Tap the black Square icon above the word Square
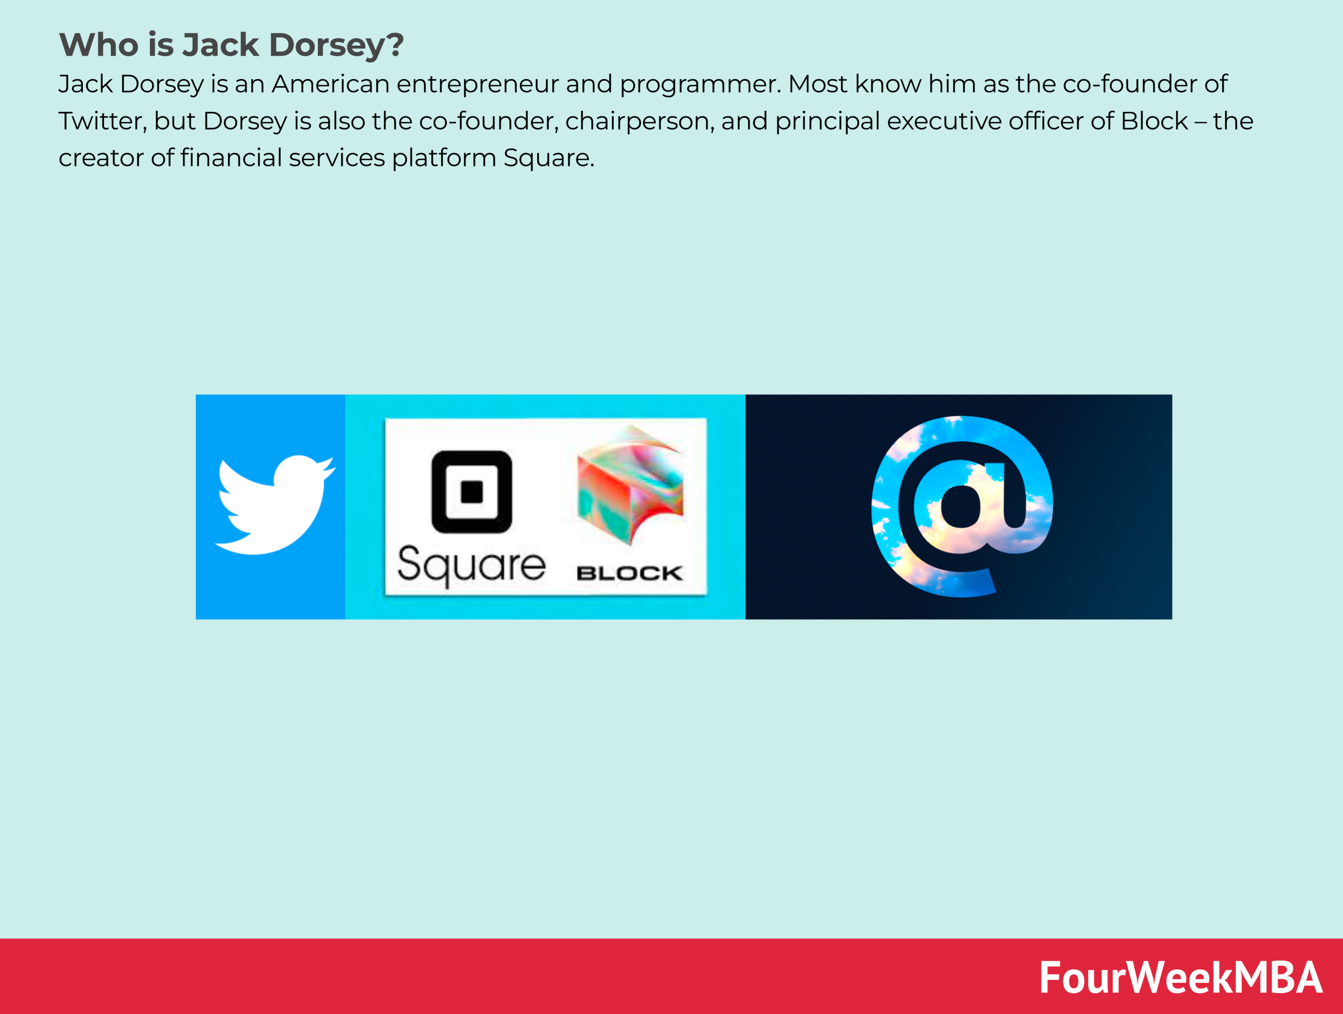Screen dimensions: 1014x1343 (x=471, y=492)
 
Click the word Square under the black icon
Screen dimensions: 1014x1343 (x=471, y=565)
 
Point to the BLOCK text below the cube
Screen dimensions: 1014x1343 (x=629, y=573)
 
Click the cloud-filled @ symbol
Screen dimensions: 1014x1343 (x=961, y=506)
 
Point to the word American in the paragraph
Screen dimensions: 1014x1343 (x=331, y=84)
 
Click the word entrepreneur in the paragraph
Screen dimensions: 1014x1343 (x=477, y=84)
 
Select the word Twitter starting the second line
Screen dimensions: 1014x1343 (x=102, y=121)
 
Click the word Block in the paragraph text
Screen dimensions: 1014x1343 (x=1154, y=121)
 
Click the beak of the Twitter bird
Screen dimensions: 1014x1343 (x=331, y=468)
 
